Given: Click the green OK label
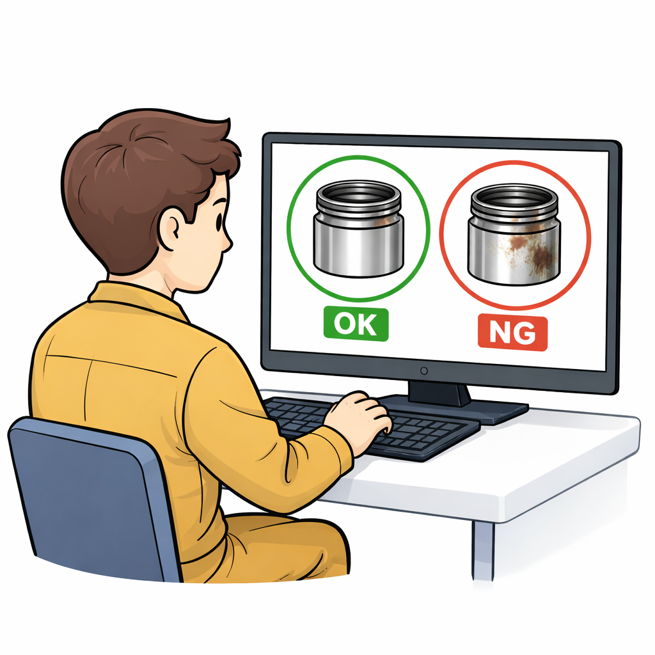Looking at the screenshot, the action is point(356,324).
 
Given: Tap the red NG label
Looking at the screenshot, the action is point(512,333).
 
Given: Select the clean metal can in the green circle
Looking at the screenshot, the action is point(358,229).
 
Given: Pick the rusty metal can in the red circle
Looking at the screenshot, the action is point(514,235).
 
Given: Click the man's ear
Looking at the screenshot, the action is point(171,228).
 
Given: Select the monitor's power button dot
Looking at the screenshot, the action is point(424,371).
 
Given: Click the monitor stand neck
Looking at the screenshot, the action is point(439,393).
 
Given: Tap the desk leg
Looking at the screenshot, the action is point(484,551).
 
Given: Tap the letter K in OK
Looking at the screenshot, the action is point(368,324).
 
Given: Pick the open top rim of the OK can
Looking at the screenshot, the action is point(358,194).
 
